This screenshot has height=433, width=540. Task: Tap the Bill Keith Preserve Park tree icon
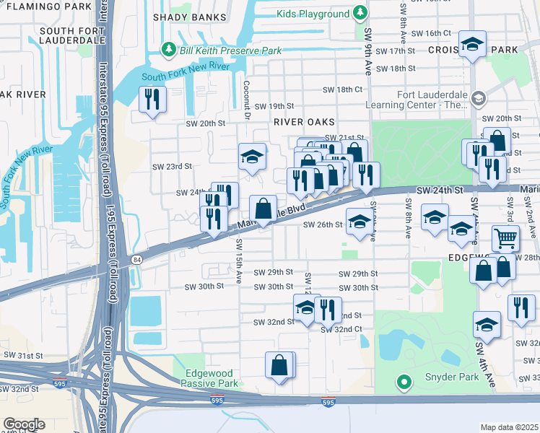click(169, 49)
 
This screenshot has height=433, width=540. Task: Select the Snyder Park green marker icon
click(404, 382)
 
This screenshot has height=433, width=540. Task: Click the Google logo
click(24, 424)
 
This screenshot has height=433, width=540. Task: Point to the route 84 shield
click(136, 258)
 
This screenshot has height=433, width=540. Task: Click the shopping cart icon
click(505, 237)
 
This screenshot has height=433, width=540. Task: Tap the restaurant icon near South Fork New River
click(152, 99)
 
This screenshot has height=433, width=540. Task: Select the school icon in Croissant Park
click(472, 45)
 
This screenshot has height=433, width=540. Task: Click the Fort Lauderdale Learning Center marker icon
click(478, 98)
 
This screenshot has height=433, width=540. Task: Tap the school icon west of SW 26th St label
click(359, 222)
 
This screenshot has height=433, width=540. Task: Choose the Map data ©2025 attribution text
click(509, 427)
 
